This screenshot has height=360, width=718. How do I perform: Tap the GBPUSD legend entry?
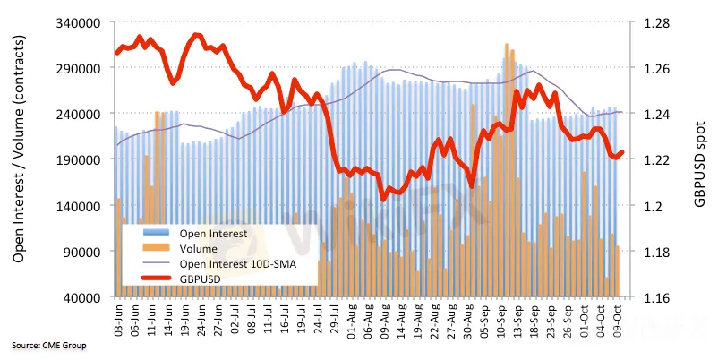(203, 279)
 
